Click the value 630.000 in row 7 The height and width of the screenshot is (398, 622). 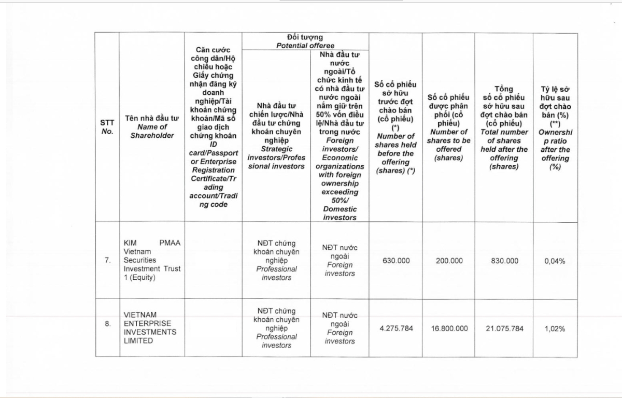click(x=396, y=261)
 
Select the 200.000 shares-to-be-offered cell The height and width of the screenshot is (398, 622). click(x=449, y=261)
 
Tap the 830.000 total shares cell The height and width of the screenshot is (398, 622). click(x=504, y=261)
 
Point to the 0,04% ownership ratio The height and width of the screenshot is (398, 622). click(x=555, y=261)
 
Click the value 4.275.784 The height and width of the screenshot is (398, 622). click(x=396, y=329)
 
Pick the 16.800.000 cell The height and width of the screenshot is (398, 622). click(x=449, y=329)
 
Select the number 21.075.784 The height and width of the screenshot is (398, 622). click(x=504, y=329)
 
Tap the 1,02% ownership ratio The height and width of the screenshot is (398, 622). click(x=555, y=329)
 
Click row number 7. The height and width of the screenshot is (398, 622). click(x=107, y=261)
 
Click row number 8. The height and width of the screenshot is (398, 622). click(x=107, y=324)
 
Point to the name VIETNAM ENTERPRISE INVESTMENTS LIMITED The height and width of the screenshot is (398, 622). click(x=150, y=328)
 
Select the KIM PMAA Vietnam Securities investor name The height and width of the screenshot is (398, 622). click(x=152, y=261)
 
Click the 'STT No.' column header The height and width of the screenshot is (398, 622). click(x=107, y=127)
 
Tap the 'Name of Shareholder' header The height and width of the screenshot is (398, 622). click(x=152, y=127)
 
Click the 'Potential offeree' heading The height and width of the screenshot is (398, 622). click(x=305, y=46)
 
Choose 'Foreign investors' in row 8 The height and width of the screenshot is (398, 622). click(x=340, y=337)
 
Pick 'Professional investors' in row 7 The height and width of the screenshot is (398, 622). click(x=276, y=273)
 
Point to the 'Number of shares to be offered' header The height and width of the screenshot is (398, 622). click(x=449, y=145)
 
